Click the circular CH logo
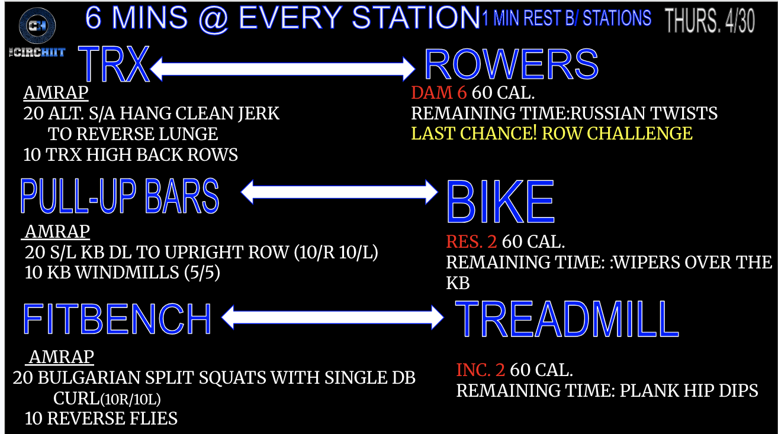(37, 25)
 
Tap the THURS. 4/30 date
(709, 21)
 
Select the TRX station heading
(114, 64)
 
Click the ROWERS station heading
(511, 64)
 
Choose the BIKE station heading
(500, 202)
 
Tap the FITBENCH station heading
(117, 319)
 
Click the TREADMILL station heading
(567, 319)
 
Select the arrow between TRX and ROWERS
(282, 69)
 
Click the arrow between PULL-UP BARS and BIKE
(339, 192)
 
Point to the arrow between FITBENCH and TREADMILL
(332, 317)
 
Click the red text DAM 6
(439, 93)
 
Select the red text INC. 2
(480, 370)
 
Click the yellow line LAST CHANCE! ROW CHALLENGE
(552, 133)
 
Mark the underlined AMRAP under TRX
(56, 93)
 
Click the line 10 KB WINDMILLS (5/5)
(122, 273)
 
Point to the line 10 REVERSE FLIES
(101, 419)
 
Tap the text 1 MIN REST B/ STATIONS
(567, 18)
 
